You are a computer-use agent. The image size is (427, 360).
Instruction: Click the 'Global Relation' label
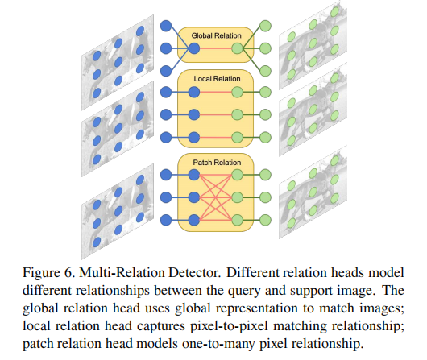(x=216, y=35)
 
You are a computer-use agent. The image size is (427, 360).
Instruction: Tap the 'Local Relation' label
(x=217, y=79)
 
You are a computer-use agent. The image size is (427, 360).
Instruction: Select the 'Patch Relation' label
(x=217, y=163)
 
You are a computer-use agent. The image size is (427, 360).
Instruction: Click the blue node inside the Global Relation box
(x=194, y=49)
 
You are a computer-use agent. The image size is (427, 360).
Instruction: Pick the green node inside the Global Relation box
(x=237, y=49)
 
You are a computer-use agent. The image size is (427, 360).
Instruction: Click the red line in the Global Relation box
(x=216, y=49)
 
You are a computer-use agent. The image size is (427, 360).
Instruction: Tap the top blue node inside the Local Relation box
(x=194, y=92)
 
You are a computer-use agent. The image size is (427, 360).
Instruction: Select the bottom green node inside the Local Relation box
(x=237, y=137)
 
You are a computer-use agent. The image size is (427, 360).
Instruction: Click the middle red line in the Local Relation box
(x=216, y=114)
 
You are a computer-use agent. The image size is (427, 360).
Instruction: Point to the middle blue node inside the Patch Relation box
(x=194, y=197)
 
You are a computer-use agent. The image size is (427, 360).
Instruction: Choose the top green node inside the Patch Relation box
(x=237, y=175)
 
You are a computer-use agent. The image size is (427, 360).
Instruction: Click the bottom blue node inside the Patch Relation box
(x=194, y=220)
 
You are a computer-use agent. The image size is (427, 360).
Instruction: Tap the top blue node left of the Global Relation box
(x=166, y=26)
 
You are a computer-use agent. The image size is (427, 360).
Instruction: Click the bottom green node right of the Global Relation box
(x=265, y=71)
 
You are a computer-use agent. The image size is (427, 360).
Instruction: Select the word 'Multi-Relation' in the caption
(x=122, y=272)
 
